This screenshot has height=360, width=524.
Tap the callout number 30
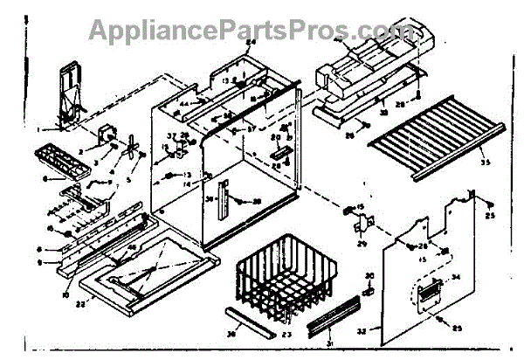coord(368,276)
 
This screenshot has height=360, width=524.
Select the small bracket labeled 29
coord(358,225)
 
